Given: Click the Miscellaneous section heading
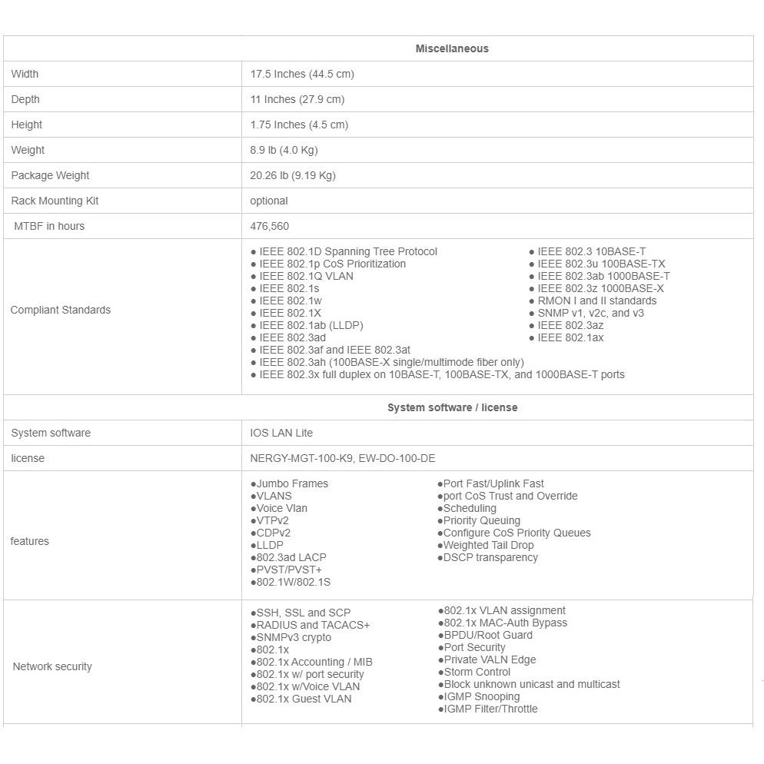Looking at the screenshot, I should [452, 48].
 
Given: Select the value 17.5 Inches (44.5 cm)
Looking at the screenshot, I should [302, 74].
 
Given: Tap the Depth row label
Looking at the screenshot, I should [25, 99].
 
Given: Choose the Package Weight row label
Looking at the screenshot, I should [50, 175].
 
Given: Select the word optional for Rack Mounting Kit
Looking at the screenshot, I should [269, 201].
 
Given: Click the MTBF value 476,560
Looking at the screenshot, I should [270, 226].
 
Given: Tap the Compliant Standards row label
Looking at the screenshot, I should [61, 310].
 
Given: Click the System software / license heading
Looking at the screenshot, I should [452, 407].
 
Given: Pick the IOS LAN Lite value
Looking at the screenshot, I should [281, 433].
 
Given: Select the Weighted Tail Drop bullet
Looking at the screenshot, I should [488, 545].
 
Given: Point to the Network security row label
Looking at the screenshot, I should [52, 666].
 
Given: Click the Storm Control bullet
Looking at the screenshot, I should [477, 672].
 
